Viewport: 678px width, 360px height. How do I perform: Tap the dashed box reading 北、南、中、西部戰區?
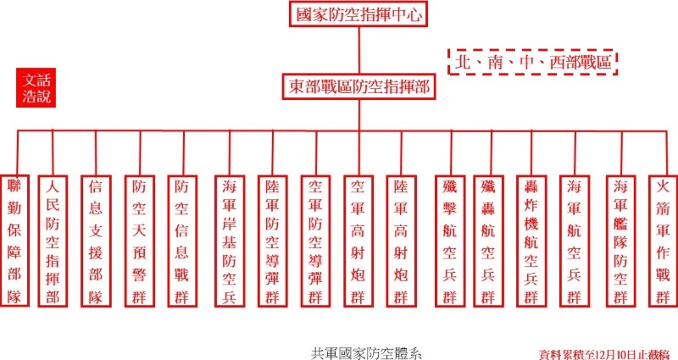click(533, 61)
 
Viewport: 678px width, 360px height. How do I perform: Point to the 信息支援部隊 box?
click(96, 241)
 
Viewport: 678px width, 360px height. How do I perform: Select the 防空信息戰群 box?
click(182, 241)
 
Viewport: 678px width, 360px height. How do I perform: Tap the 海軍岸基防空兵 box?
click(230, 241)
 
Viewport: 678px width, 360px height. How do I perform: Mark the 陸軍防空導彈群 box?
click(273, 241)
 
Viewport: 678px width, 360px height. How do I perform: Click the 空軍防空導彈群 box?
click(316, 241)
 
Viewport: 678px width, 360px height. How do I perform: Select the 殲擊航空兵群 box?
click(449, 241)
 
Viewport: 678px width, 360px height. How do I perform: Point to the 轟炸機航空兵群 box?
click(532, 241)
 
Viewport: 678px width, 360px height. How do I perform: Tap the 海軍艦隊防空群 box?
click(620, 241)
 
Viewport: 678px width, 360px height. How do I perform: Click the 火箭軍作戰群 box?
click(663, 241)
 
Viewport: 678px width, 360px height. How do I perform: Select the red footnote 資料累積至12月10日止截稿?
click(605, 352)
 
